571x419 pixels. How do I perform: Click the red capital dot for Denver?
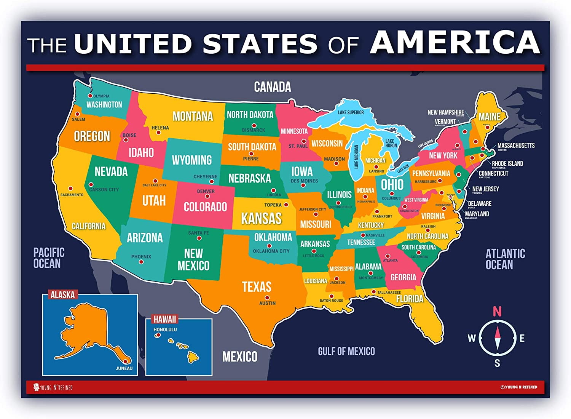pyautogui.click(x=207, y=197)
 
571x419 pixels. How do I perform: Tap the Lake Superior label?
pyautogui.click(x=351, y=112)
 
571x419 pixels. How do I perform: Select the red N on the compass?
pyautogui.click(x=497, y=312)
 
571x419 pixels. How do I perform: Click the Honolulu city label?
pyautogui.click(x=165, y=329)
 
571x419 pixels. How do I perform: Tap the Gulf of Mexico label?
pyautogui.click(x=346, y=351)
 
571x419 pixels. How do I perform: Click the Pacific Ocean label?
pyautogui.click(x=48, y=258)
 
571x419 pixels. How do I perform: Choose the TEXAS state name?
pyautogui.click(x=257, y=287)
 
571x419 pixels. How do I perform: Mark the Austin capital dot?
pyautogui.click(x=267, y=298)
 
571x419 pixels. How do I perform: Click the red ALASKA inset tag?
pyautogui.click(x=63, y=294)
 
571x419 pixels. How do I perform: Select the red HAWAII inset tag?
pyautogui.click(x=165, y=319)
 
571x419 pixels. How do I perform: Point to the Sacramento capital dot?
pyautogui.click(x=70, y=188)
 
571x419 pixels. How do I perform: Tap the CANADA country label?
pyautogui.click(x=272, y=87)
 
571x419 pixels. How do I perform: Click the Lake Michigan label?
pyautogui.click(x=357, y=157)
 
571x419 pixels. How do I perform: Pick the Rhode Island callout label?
pyautogui.click(x=507, y=163)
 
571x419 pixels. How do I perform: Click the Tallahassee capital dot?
pyautogui.click(x=374, y=292)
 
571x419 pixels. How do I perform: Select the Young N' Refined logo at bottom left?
pyautogui.click(x=53, y=387)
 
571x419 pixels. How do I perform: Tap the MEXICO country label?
pyautogui.click(x=239, y=357)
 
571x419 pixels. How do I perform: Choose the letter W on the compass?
pyautogui.click(x=472, y=338)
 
